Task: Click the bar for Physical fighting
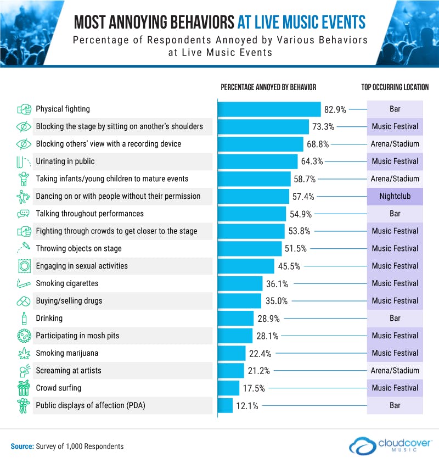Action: coord(269,109)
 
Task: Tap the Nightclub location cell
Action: coord(395,196)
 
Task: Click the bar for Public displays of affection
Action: coord(226,405)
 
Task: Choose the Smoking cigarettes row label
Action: coord(67,283)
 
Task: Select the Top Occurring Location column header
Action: coord(395,87)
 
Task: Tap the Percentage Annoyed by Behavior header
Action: coord(268,87)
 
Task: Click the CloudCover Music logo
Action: coord(391,443)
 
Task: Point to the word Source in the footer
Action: coord(21,446)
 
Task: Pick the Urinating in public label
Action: coord(65,161)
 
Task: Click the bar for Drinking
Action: coord(236,318)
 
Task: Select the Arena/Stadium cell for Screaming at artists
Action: coord(395,371)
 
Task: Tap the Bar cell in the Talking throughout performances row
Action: coord(395,214)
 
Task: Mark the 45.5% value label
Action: coord(288,266)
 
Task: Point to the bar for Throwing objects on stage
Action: coord(250,248)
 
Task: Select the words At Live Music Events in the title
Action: coord(301,22)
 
